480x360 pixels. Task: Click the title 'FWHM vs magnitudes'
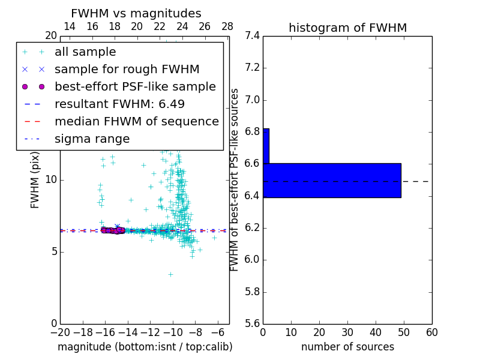[x=136, y=13]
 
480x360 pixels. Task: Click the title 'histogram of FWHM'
[x=347, y=28]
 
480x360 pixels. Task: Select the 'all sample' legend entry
[x=85, y=52]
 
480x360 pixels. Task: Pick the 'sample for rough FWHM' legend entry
[x=127, y=70]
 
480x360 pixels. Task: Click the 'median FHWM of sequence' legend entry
[x=136, y=121]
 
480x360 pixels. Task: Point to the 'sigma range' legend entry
[x=92, y=139]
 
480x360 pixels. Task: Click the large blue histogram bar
[x=332, y=180]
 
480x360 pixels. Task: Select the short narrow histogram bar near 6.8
[x=266, y=146]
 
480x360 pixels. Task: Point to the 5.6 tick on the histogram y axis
[x=252, y=323]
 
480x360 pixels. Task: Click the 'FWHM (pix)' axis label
[x=35, y=180]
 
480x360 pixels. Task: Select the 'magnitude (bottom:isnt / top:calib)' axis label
[x=145, y=347]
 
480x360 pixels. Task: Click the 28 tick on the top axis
[x=227, y=26]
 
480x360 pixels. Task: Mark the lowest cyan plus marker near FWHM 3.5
[x=170, y=274]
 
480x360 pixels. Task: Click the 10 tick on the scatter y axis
[x=51, y=179]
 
